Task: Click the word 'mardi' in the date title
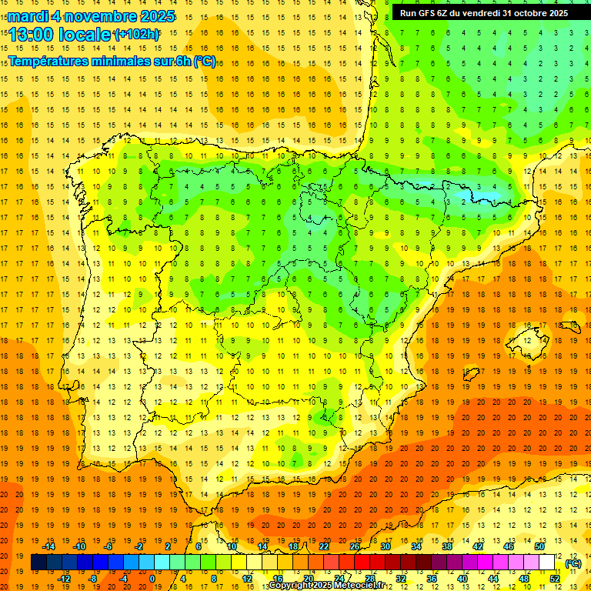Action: pos(28,16)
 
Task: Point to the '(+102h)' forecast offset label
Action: pos(137,35)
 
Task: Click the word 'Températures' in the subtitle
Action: pos(53,62)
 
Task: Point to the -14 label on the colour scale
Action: pos(49,546)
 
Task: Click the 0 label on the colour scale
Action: pos(152,579)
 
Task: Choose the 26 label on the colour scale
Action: pos(355,546)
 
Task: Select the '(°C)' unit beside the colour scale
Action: pos(573,563)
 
